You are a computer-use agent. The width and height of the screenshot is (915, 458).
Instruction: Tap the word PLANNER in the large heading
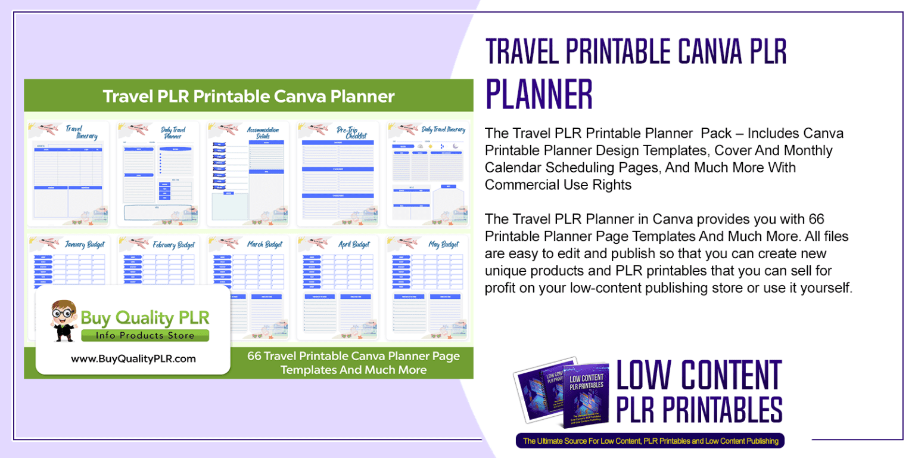tap(540, 94)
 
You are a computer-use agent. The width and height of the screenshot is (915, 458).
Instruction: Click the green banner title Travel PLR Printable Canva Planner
tap(248, 96)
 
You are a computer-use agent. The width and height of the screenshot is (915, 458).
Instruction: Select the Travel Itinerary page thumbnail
tap(67, 174)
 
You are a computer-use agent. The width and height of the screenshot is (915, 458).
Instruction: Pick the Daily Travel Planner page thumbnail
tap(158, 174)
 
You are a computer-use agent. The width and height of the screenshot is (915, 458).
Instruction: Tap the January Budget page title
tap(79, 245)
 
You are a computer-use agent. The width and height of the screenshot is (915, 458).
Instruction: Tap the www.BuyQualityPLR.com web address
tap(133, 359)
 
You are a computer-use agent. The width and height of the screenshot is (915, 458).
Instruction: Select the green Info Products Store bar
tap(145, 336)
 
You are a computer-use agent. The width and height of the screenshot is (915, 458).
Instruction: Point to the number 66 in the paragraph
tap(816, 219)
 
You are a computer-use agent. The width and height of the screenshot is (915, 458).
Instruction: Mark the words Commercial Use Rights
tap(558, 185)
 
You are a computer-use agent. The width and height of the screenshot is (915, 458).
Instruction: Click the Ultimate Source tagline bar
tap(650, 441)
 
